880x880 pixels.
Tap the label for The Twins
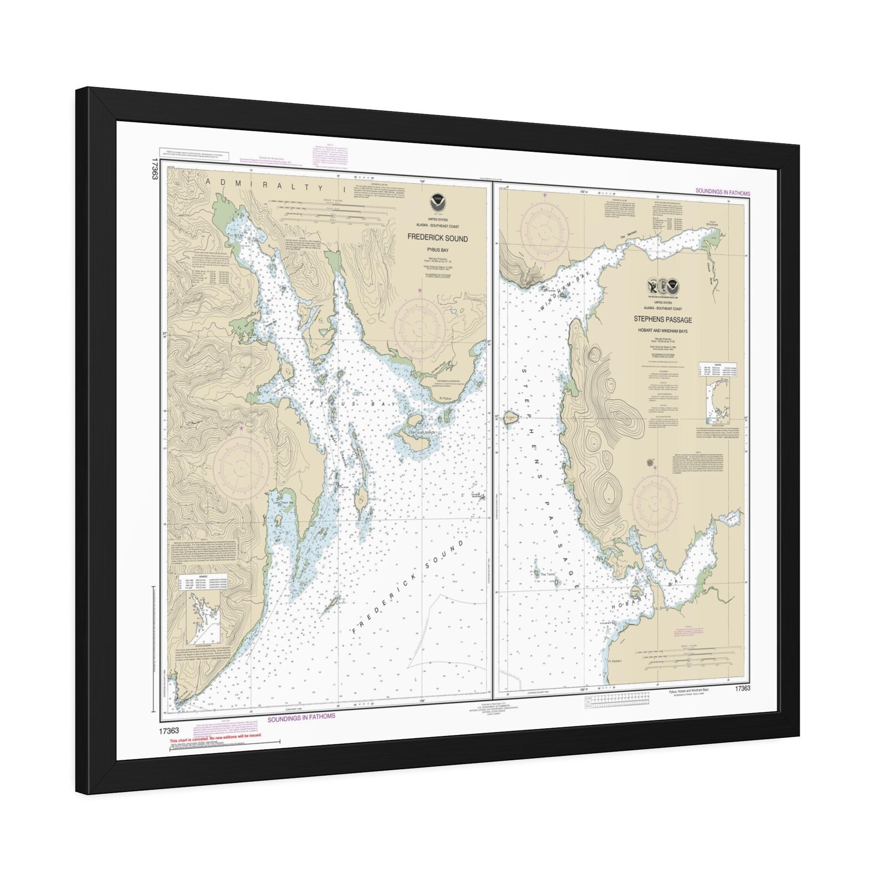(548, 575)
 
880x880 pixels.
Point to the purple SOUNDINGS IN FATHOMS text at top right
(722, 193)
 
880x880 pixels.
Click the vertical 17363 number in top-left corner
(149, 169)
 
